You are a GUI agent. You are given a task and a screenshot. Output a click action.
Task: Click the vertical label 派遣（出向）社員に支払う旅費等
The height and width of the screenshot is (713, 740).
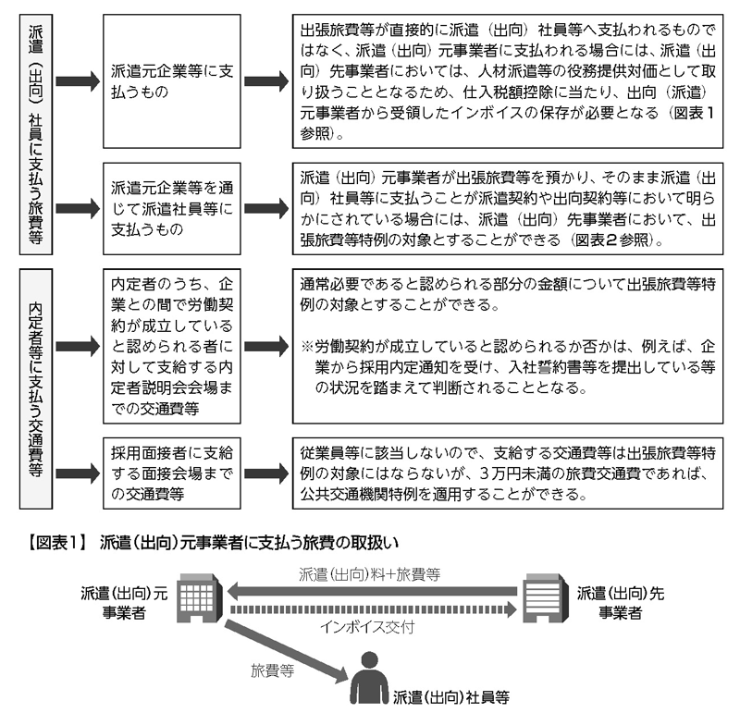tap(36, 134)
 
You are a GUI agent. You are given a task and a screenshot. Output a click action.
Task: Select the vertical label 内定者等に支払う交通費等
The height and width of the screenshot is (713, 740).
tap(36, 388)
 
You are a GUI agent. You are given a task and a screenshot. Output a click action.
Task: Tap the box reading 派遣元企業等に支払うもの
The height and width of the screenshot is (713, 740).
tap(172, 81)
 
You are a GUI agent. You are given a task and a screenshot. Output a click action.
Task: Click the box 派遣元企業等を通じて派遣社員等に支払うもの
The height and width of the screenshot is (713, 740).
tap(172, 209)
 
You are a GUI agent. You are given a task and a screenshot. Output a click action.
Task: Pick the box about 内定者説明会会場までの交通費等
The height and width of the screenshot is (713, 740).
tap(172, 346)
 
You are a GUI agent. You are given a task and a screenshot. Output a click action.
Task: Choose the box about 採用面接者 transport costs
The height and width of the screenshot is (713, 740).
tap(172, 473)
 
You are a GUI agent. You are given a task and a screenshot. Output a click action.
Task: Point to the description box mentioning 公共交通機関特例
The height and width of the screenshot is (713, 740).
tap(508, 473)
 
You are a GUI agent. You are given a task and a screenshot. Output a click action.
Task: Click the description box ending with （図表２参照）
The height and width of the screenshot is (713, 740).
tap(508, 209)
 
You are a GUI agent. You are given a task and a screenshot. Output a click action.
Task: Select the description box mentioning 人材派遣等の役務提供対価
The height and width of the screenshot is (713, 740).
tap(508, 81)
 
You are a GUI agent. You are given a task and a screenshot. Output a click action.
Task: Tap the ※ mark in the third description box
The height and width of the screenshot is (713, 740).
tap(307, 347)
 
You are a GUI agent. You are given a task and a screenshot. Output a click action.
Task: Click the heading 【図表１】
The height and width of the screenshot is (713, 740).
tap(56, 543)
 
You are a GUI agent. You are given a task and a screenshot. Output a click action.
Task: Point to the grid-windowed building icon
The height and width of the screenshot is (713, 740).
tap(200, 597)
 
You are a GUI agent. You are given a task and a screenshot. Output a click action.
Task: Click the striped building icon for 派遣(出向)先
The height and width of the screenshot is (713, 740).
tap(545, 597)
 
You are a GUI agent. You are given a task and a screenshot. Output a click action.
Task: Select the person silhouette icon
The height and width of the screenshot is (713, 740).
tap(369, 677)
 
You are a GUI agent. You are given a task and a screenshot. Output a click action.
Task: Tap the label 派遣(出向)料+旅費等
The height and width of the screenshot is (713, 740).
tap(369, 574)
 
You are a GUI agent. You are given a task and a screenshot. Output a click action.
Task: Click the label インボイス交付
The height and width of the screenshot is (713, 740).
tap(366, 627)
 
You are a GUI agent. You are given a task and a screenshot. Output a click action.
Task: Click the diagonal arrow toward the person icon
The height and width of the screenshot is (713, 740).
tap(287, 651)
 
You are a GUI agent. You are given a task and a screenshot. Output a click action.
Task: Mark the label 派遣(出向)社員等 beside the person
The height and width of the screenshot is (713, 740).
tap(451, 697)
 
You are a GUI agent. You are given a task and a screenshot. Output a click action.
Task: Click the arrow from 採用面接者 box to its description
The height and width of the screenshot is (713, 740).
tap(266, 473)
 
